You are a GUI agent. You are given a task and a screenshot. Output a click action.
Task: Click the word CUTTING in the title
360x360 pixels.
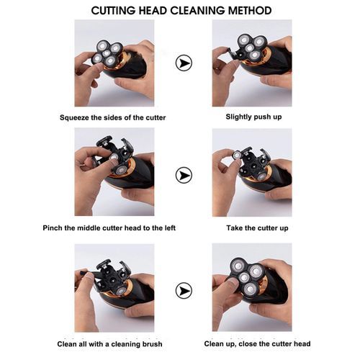113,11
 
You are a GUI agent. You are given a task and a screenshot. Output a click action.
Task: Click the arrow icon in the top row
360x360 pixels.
184,63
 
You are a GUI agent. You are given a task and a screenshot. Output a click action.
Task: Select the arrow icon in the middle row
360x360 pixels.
184,175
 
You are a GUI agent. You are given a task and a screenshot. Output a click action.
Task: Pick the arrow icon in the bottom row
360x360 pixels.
184,291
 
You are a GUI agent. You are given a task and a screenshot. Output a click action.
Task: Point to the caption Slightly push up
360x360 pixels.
253,117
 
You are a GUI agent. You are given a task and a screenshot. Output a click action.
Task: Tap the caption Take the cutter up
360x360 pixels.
257,228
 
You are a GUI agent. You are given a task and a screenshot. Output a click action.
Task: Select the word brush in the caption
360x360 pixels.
152,344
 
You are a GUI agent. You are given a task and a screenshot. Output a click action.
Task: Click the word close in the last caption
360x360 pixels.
248,343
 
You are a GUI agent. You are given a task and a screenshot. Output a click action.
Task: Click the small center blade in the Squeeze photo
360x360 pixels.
107,53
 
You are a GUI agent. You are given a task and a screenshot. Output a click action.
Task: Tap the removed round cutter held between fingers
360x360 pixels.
237,155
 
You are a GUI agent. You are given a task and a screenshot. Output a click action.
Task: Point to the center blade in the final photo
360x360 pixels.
244,277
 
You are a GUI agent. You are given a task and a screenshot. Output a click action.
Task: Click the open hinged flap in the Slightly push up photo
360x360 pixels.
231,53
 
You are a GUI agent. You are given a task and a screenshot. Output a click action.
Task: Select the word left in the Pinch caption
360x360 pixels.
170,228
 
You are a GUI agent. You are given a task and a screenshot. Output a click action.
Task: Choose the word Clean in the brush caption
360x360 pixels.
66,344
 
